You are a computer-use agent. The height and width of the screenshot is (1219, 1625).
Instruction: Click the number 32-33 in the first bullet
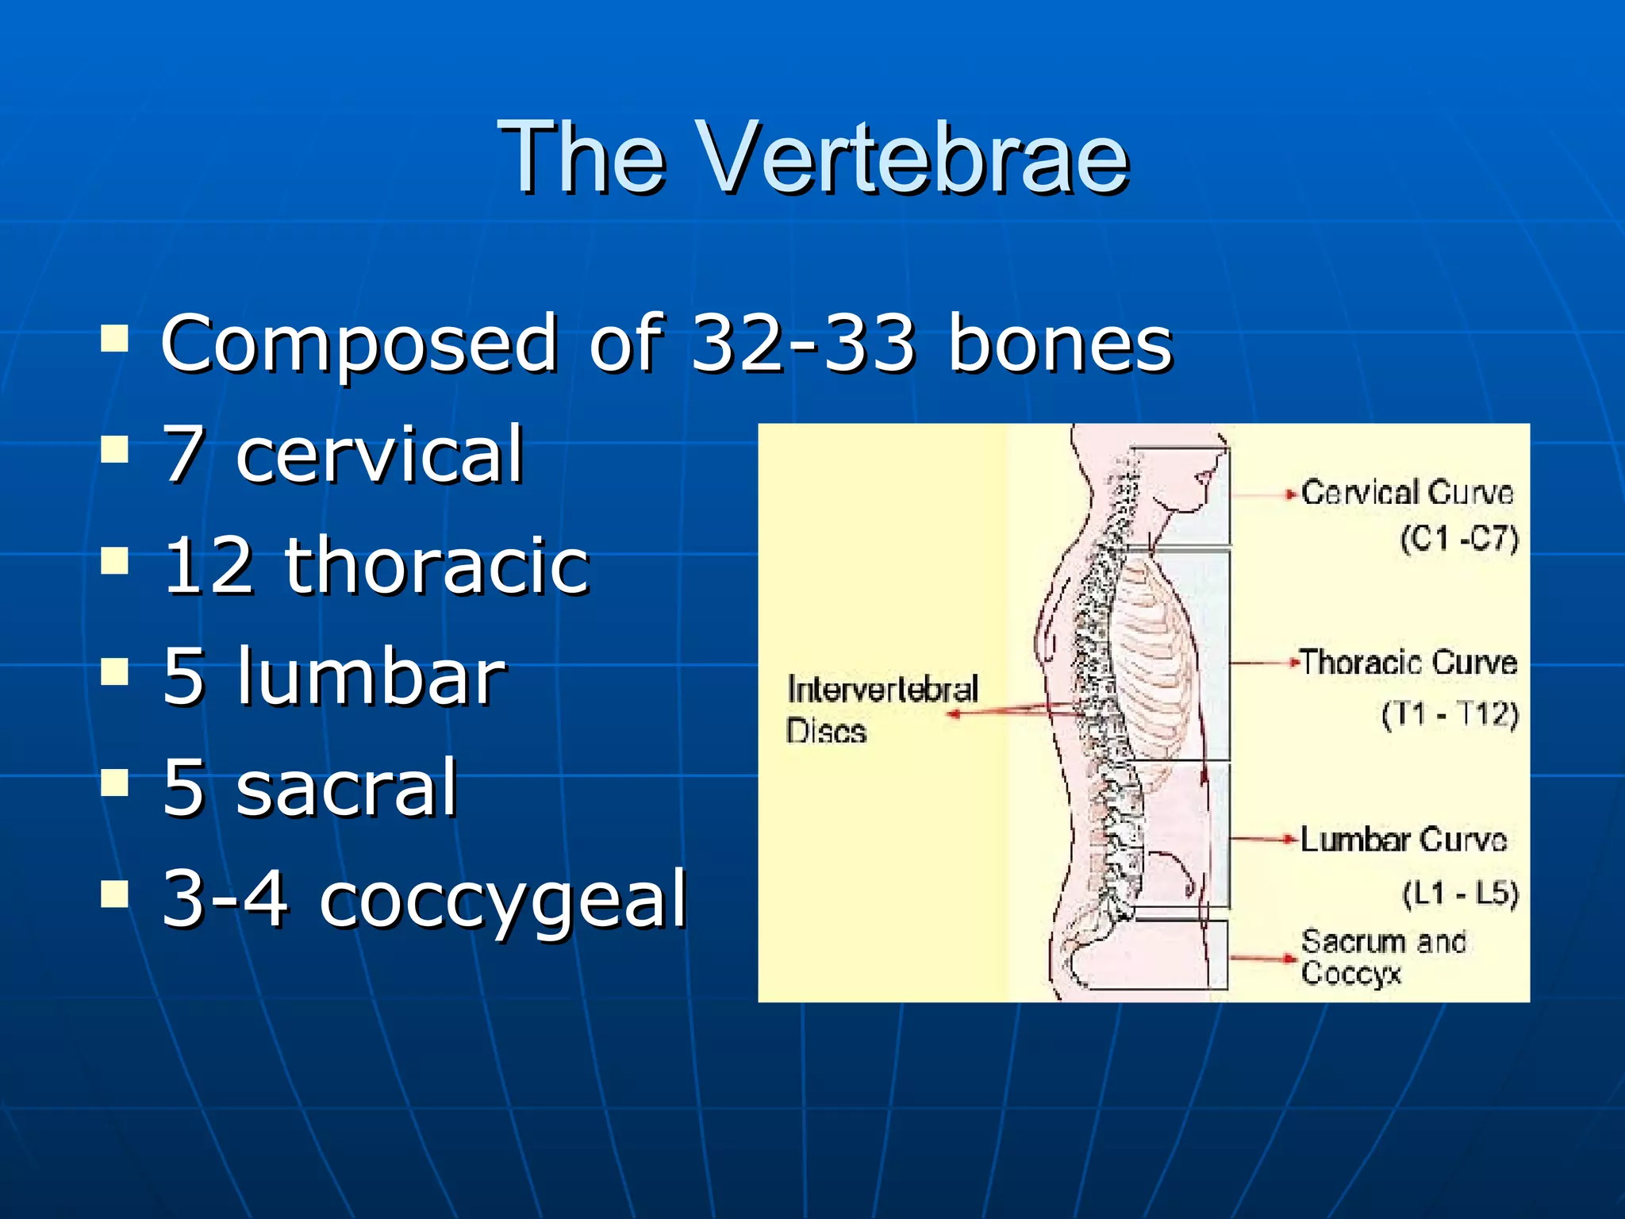(x=804, y=343)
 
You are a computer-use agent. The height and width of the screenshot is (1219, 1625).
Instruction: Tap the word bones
(x=1060, y=343)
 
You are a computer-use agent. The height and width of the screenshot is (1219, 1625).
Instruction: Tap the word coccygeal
(x=502, y=899)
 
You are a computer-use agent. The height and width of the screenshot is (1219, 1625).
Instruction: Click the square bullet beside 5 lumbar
(x=115, y=672)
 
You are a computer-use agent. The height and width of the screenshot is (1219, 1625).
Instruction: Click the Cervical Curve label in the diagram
(x=1407, y=493)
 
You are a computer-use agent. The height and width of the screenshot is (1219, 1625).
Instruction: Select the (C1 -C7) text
(x=1458, y=539)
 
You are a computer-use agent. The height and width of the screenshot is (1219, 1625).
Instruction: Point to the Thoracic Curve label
(x=1408, y=662)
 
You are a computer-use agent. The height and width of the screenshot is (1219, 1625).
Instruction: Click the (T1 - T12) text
(x=1449, y=714)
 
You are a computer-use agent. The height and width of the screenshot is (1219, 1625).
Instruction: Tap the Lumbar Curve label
(x=1403, y=840)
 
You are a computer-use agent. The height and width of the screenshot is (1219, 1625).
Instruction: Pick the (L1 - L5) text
(x=1459, y=894)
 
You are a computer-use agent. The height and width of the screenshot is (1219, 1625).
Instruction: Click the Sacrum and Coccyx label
(x=1382, y=957)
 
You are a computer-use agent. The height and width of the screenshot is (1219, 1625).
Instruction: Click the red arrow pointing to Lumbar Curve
(x=1263, y=839)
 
